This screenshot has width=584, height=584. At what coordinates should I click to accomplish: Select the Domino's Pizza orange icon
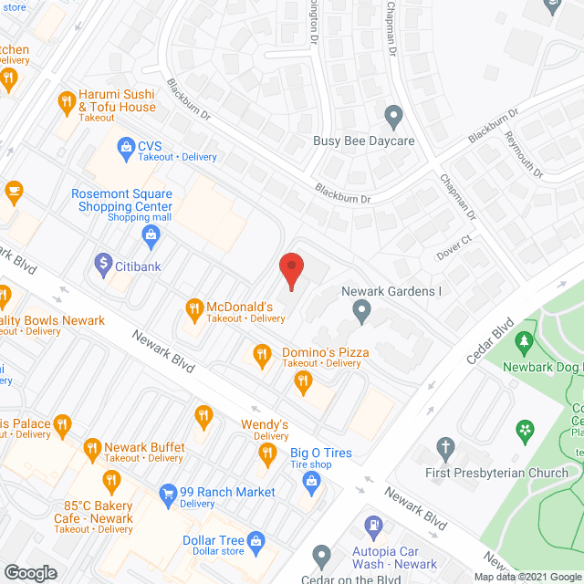(x=262, y=353)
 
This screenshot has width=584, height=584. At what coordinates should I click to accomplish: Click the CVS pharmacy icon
(x=124, y=145)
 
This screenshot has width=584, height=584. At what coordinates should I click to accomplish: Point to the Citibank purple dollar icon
(x=103, y=265)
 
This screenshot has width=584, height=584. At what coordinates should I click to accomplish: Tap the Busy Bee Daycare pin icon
(x=393, y=116)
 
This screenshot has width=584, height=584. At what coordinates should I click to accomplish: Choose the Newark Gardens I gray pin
(x=362, y=313)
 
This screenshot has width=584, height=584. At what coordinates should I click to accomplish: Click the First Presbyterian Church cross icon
(x=445, y=448)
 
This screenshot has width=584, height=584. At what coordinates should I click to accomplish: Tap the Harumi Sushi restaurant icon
(x=66, y=101)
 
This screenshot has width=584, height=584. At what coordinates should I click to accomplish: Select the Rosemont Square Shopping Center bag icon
(x=151, y=235)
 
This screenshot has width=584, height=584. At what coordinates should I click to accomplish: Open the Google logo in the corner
(x=30, y=572)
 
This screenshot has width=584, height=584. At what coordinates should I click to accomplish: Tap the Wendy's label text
(x=265, y=424)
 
